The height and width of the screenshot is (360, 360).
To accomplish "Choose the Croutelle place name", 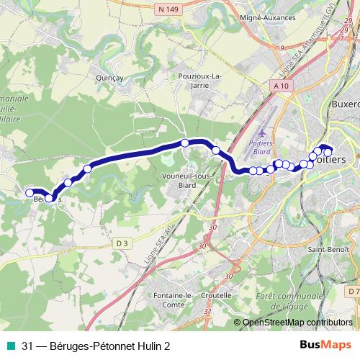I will click(217, 295).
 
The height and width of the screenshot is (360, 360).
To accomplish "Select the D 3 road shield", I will click(122, 243).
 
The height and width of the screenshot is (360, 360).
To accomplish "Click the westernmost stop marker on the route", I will click(30, 192).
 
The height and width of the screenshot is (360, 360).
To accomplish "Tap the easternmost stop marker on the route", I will click(328, 152).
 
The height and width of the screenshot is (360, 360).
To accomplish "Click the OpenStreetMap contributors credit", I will click(297, 323).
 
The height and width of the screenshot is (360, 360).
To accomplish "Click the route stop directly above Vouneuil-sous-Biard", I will click(185, 143).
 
